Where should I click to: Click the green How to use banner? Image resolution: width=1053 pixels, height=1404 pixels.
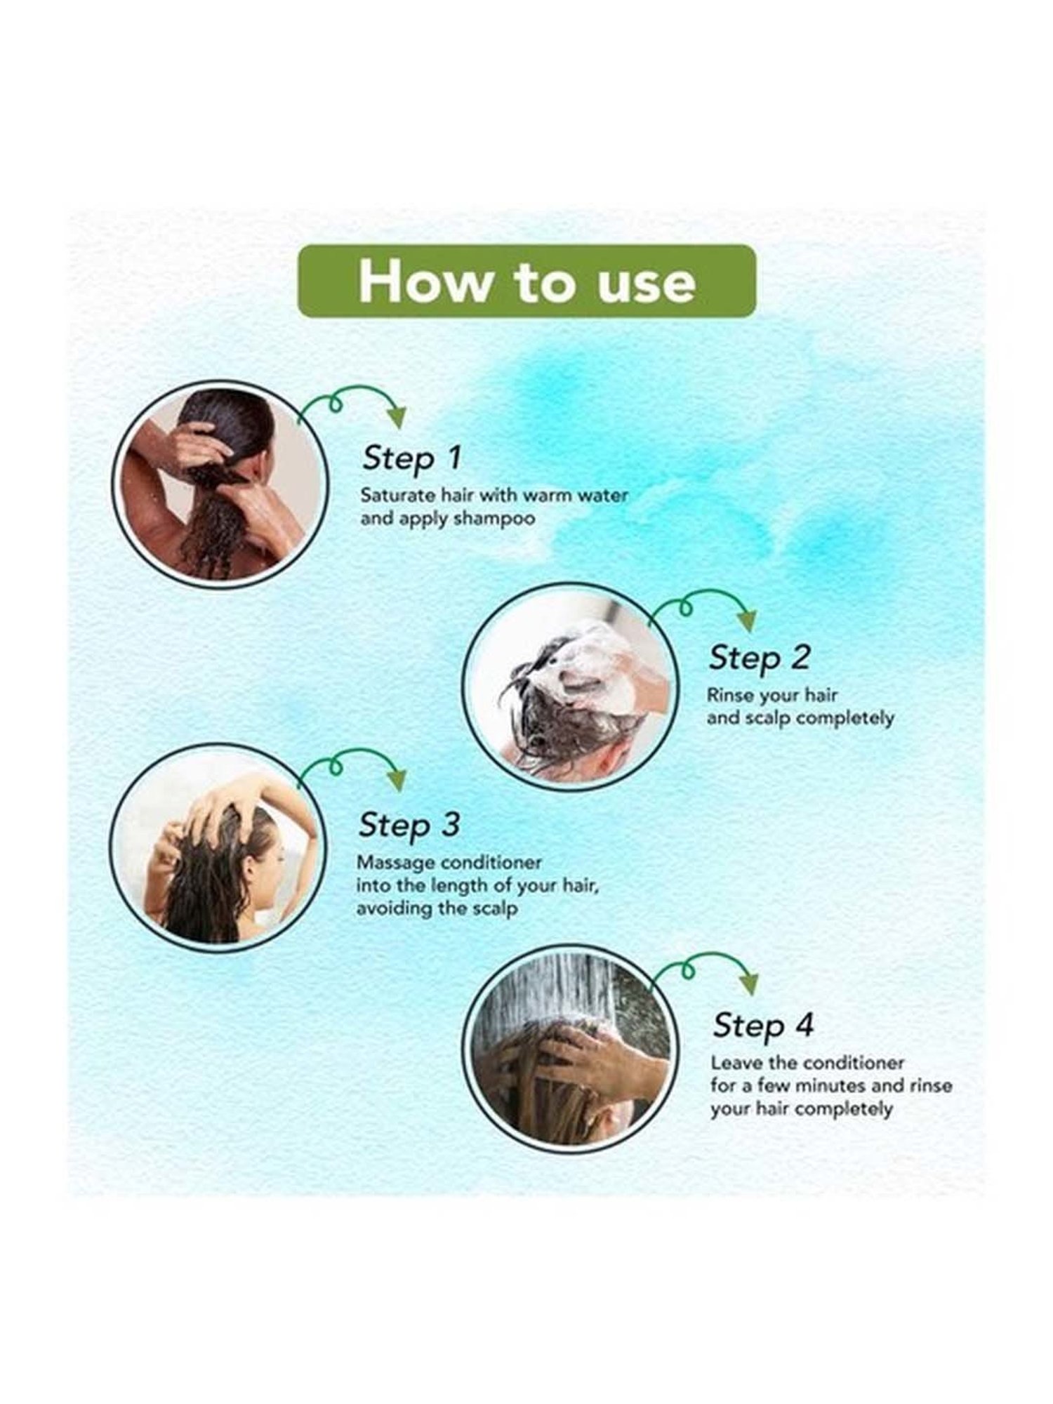click(526, 282)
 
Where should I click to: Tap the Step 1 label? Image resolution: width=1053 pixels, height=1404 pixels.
click(412, 458)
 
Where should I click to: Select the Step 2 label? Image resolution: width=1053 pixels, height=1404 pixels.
click(759, 657)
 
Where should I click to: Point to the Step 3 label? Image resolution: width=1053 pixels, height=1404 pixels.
click(409, 824)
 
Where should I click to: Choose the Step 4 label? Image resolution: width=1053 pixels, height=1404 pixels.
click(763, 1025)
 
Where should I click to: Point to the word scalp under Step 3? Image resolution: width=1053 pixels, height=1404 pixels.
click(494, 908)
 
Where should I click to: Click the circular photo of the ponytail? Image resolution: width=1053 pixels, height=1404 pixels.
click(220, 485)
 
